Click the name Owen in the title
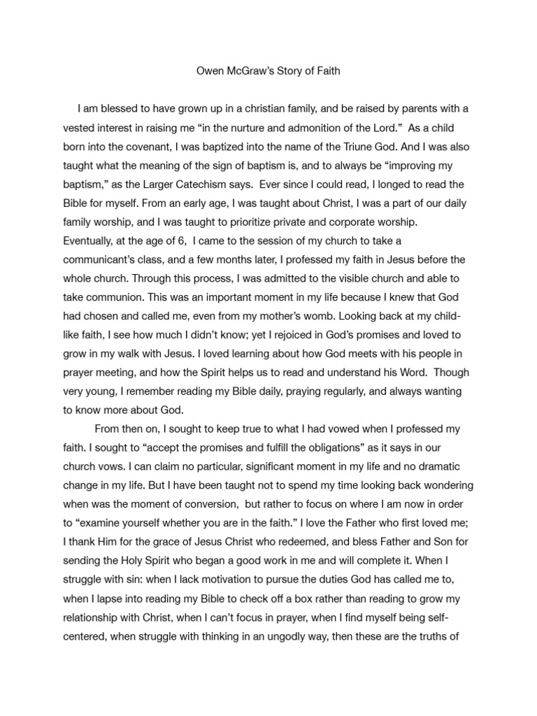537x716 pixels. [206, 71]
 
